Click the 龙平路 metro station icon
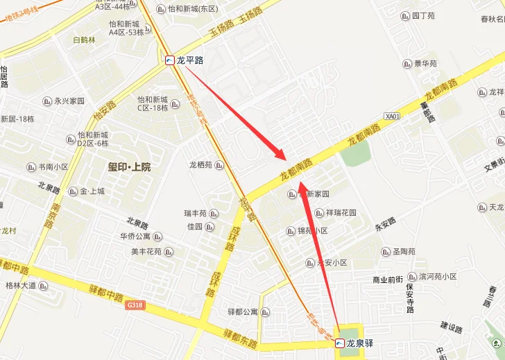[x=170, y=60]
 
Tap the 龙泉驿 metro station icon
[x=340, y=343]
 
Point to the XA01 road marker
[x=392, y=117]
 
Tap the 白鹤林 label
[x=85, y=40]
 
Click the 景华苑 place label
[x=425, y=64]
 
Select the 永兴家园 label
[x=69, y=101]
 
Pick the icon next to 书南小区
[x=31, y=167]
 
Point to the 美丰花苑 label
[x=146, y=252]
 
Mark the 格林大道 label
[x=20, y=285]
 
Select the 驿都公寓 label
[x=243, y=312]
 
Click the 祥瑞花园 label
[x=341, y=213]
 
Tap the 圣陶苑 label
[x=404, y=251]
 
